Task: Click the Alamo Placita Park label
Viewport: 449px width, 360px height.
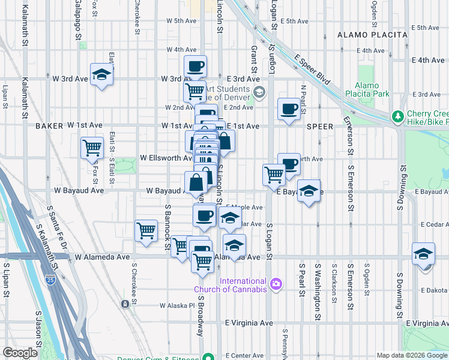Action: coord(372,89)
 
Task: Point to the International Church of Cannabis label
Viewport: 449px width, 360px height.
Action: coord(243,285)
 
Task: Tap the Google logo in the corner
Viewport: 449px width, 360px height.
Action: coord(20,352)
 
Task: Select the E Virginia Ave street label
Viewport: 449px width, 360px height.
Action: coord(249,323)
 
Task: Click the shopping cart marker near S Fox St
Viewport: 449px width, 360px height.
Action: coord(92,147)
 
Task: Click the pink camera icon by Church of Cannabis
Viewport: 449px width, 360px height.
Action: coord(276,283)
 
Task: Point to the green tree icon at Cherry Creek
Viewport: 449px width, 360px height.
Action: coord(396,116)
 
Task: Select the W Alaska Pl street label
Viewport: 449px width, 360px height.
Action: coord(178,305)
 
